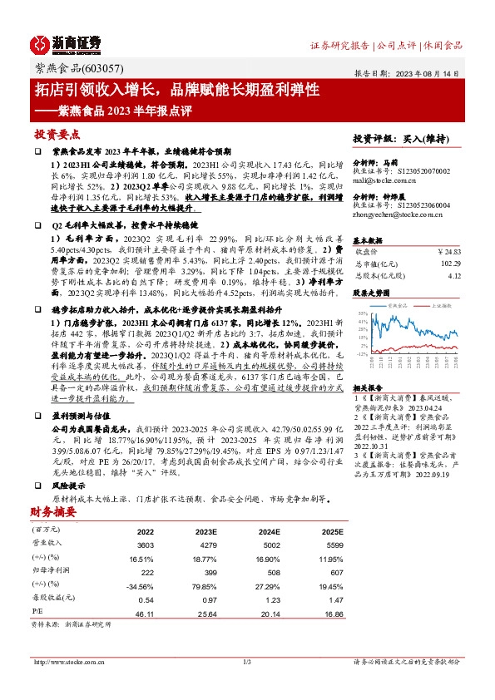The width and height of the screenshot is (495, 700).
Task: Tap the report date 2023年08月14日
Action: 433,73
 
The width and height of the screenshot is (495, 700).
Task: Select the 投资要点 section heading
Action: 57,134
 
